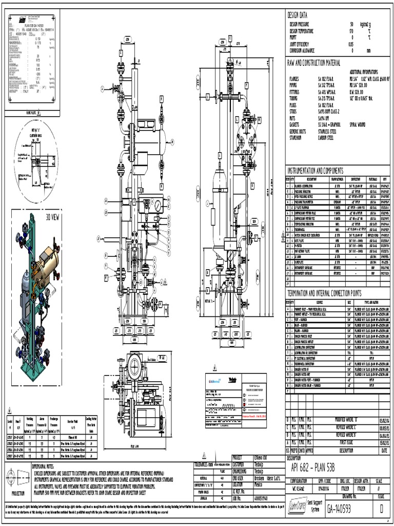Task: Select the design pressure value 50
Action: (351, 25)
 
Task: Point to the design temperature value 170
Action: (352, 31)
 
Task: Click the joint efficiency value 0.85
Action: (351, 44)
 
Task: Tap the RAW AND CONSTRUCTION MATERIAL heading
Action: (313, 63)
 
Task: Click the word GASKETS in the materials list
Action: (294, 124)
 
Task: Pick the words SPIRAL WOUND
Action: (360, 124)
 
